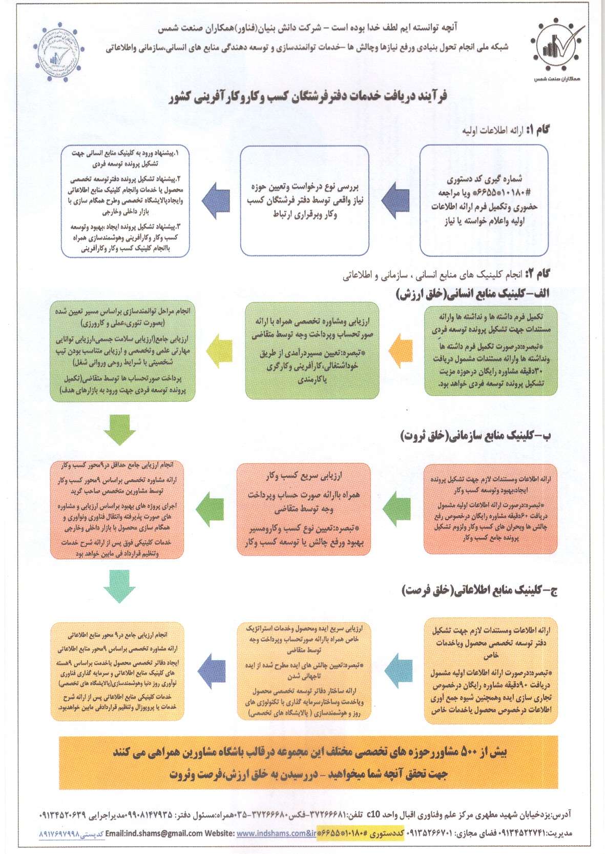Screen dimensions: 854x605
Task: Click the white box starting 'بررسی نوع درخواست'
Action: (305, 200)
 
